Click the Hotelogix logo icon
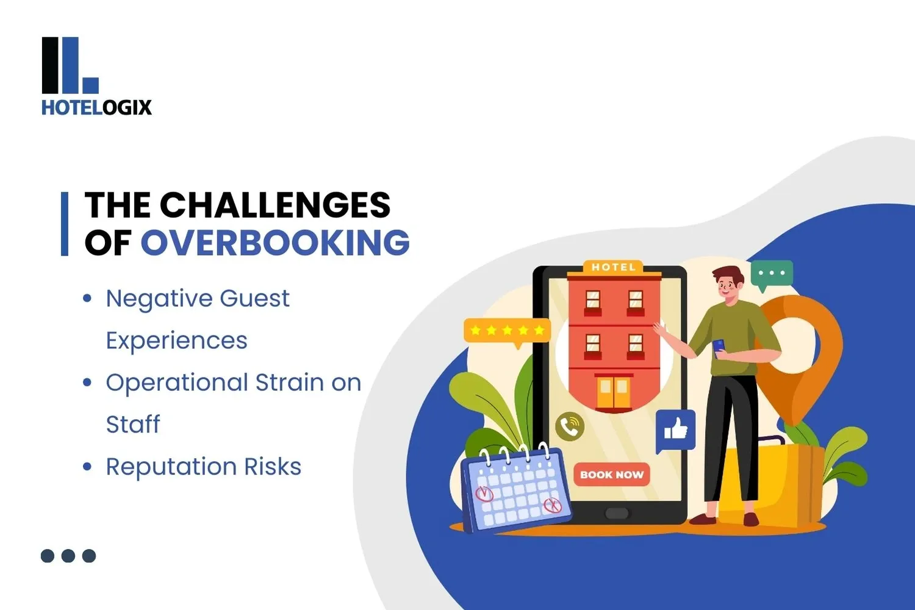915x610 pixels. (x=70, y=65)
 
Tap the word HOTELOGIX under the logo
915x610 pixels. (x=96, y=107)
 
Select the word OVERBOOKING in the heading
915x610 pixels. (x=275, y=243)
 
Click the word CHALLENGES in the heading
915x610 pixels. (x=274, y=205)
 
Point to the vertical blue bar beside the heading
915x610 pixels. (x=65, y=223)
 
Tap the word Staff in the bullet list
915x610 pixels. (x=133, y=424)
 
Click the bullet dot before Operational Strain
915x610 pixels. (x=87, y=383)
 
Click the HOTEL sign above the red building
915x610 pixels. (x=614, y=267)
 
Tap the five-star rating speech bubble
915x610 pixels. (x=507, y=331)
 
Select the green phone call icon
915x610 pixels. (x=570, y=426)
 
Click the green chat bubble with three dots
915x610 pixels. (x=772, y=274)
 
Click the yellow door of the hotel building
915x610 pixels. (x=613, y=392)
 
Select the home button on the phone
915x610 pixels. (x=616, y=513)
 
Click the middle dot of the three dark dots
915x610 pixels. (x=68, y=556)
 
